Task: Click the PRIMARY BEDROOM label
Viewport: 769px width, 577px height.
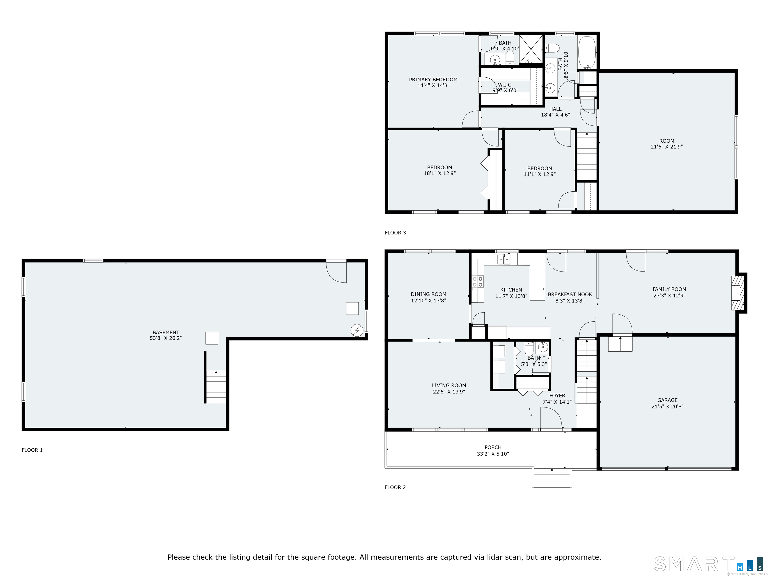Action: click(x=433, y=80)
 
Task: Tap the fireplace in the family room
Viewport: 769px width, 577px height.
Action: click(x=739, y=293)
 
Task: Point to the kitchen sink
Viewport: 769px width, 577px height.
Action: click(x=504, y=259)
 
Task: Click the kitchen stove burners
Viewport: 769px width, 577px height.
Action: click(x=477, y=282)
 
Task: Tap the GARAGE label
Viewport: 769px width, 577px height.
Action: click(x=667, y=400)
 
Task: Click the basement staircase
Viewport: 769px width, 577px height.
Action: click(x=216, y=387)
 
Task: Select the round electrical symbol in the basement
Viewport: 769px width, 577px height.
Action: click(x=357, y=330)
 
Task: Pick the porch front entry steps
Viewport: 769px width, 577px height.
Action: click(x=552, y=478)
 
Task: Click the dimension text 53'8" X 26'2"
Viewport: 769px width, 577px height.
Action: click(x=166, y=338)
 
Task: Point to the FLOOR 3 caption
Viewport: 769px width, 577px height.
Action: click(x=395, y=233)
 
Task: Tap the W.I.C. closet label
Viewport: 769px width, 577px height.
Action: click(x=505, y=85)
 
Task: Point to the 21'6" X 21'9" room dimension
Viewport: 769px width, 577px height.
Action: click(x=667, y=147)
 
